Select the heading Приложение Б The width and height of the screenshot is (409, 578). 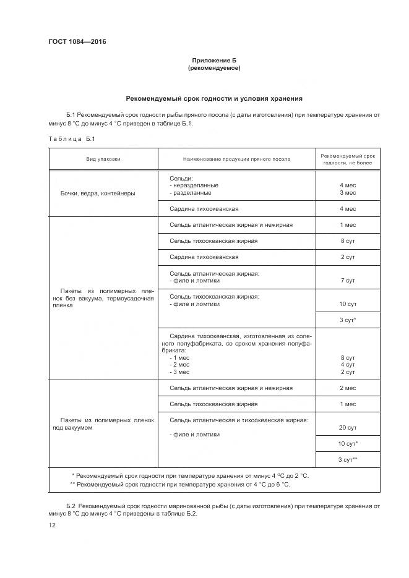tap(213, 60)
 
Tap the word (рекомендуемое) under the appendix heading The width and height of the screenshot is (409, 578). tap(213, 68)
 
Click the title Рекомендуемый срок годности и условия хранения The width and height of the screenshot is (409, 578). tap(213, 98)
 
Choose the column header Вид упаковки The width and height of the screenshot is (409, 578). tap(103, 159)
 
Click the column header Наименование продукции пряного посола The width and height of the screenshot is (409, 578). tap(236, 159)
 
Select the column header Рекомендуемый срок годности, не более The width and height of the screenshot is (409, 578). tap(348, 158)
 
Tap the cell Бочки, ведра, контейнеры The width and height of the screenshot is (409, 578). tap(98, 193)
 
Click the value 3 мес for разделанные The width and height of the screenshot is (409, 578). tap(348, 193)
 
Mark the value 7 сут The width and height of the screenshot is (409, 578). tap(348, 280)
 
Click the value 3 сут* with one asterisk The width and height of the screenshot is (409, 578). tap(348, 320)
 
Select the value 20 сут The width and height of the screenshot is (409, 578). tap(348, 427)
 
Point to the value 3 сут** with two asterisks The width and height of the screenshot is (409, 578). tap(348, 459)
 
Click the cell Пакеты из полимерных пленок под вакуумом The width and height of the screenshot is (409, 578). tap(103, 423)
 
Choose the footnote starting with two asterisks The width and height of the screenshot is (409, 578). tap(180, 484)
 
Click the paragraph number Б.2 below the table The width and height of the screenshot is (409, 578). tap(71, 506)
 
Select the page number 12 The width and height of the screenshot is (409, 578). tap(52, 525)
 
